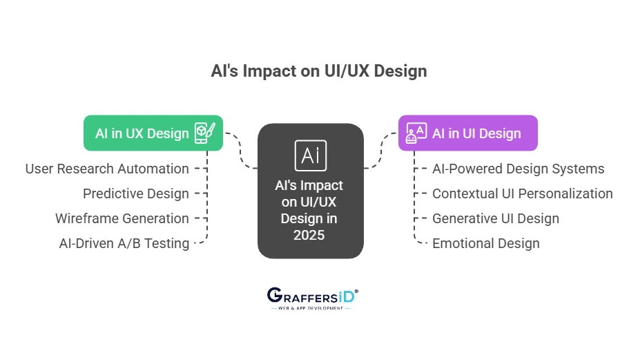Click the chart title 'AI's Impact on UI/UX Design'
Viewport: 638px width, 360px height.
[x=318, y=71]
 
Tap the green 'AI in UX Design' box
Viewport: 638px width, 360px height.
[x=142, y=133]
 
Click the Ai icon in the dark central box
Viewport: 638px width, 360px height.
[x=310, y=155]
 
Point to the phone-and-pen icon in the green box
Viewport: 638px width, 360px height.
[x=205, y=132]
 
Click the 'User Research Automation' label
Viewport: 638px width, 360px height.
[x=107, y=169]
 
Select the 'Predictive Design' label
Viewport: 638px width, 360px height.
[x=136, y=193]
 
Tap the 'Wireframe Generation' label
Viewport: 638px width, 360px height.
[x=122, y=218]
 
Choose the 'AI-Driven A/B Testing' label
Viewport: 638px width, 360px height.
[x=124, y=243]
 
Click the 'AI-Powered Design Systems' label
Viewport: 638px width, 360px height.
[x=518, y=169]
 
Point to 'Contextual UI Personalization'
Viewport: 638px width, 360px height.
[x=522, y=193]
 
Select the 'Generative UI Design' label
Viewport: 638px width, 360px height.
[x=496, y=218]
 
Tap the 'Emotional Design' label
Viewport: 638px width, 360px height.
[x=486, y=243]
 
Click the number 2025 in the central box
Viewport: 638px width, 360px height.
[x=310, y=234]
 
